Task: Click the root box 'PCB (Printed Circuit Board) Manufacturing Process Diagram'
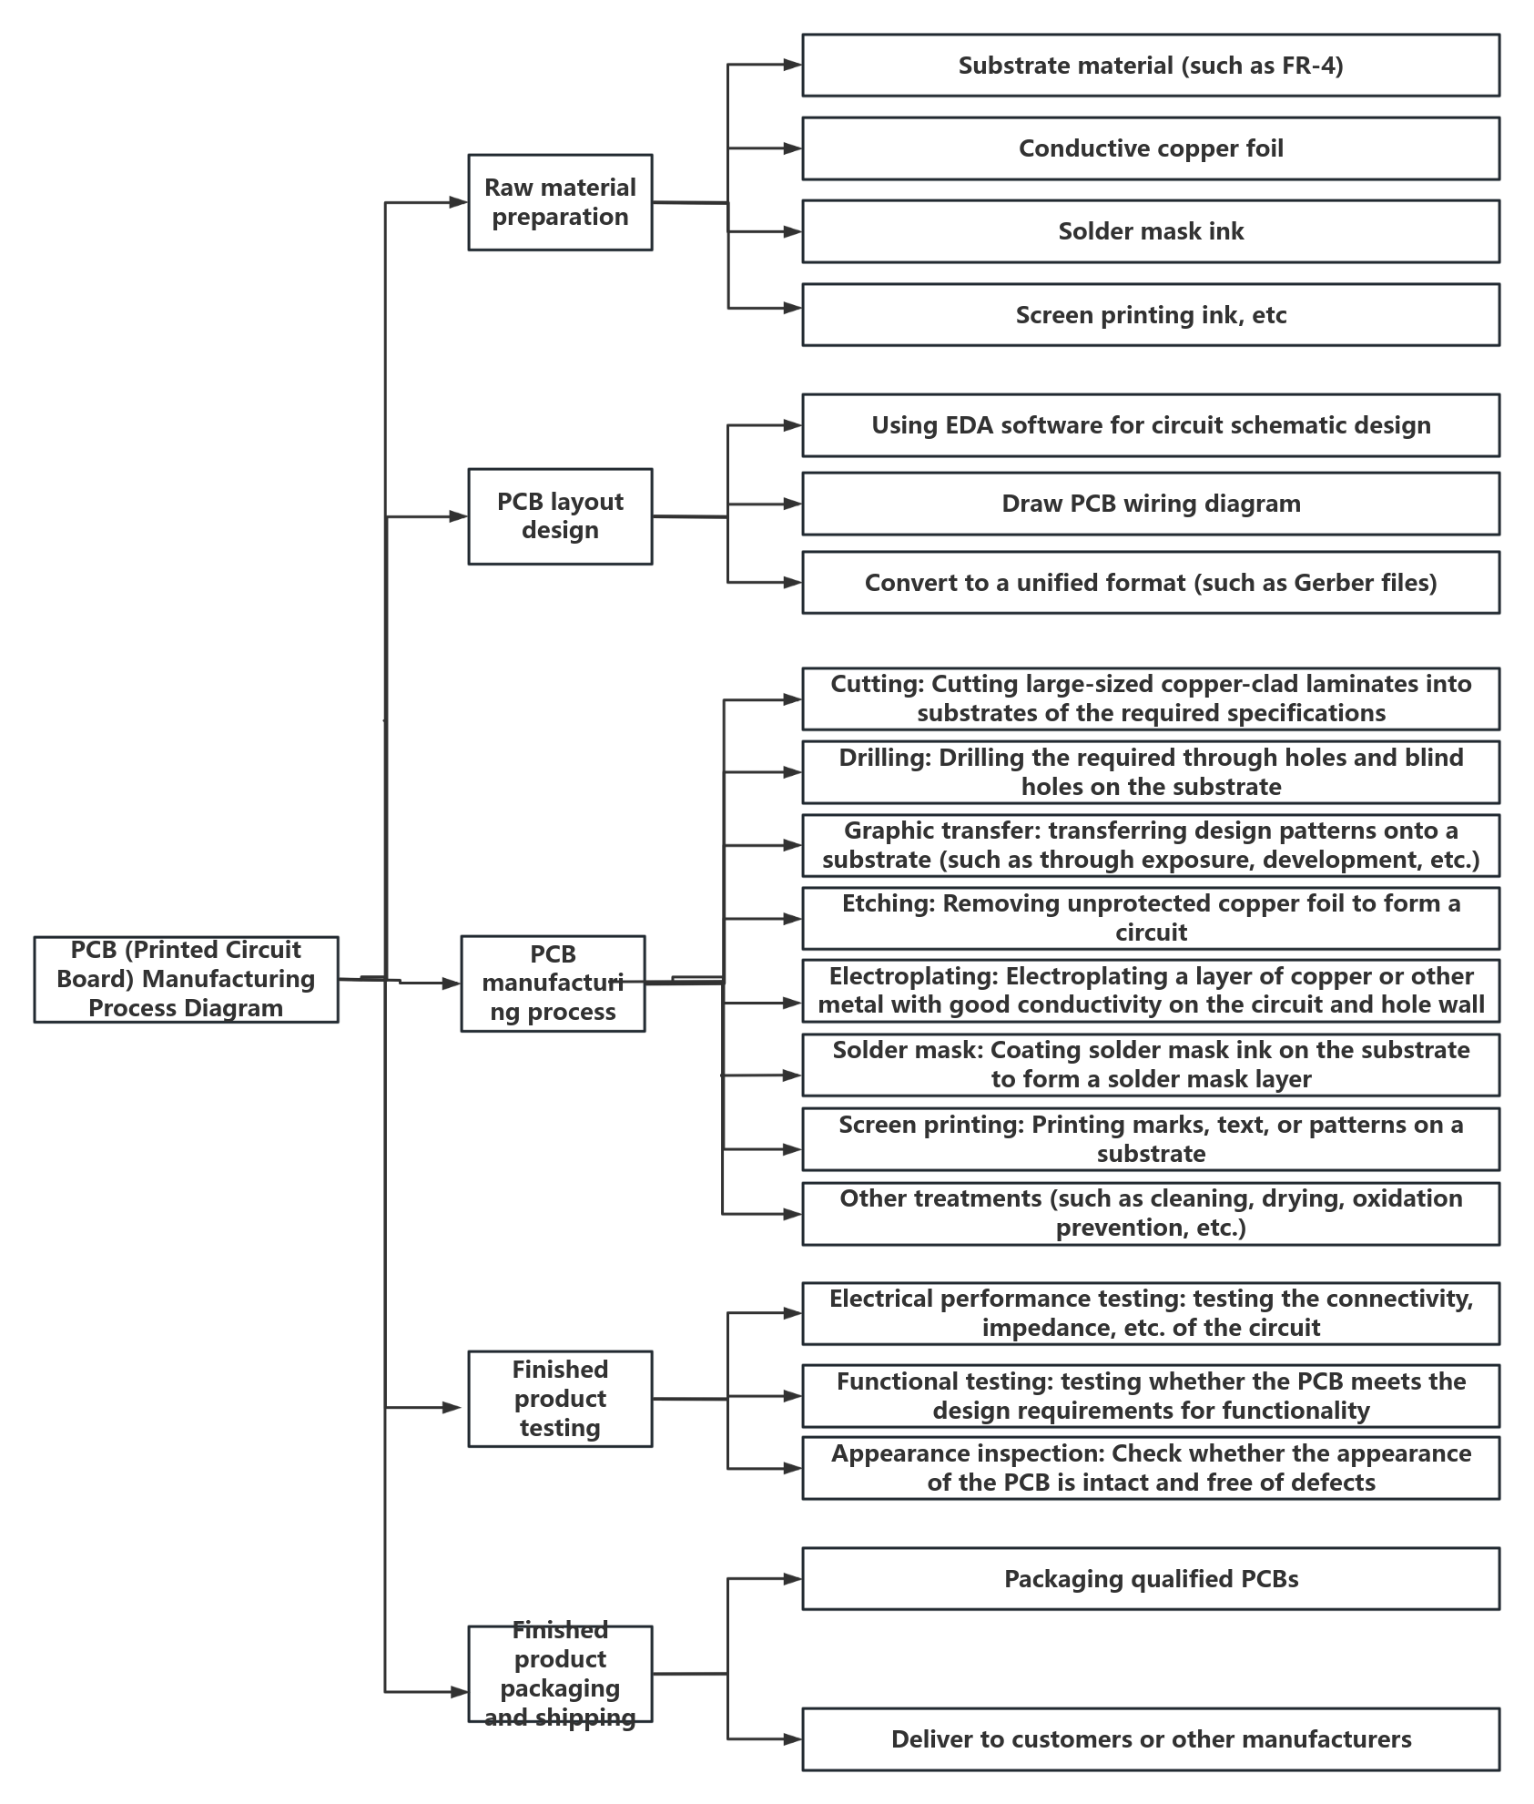pyautogui.click(x=186, y=979)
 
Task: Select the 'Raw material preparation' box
pyautogui.click(x=560, y=202)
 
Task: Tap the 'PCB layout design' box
pyautogui.click(x=560, y=516)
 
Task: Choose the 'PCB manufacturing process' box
pyautogui.click(x=553, y=984)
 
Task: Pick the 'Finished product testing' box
pyautogui.click(x=560, y=1399)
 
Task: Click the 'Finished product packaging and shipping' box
pyautogui.click(x=560, y=1674)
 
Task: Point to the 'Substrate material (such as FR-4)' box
pyautogui.click(x=1151, y=66)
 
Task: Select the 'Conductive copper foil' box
pyautogui.click(x=1151, y=148)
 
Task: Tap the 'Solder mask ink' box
pyautogui.click(x=1151, y=231)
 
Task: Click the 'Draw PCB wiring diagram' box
pyautogui.click(x=1151, y=504)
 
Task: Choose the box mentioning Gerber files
pyautogui.click(x=1151, y=583)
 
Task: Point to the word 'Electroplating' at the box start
pyautogui.click(x=914, y=977)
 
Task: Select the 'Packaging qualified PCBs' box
pyautogui.click(x=1151, y=1579)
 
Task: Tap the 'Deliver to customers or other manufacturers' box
pyautogui.click(x=1151, y=1739)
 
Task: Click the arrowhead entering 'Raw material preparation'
pyautogui.click(x=459, y=202)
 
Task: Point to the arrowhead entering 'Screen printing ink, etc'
pyautogui.click(x=793, y=309)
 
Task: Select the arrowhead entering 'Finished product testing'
pyautogui.click(x=452, y=1407)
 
